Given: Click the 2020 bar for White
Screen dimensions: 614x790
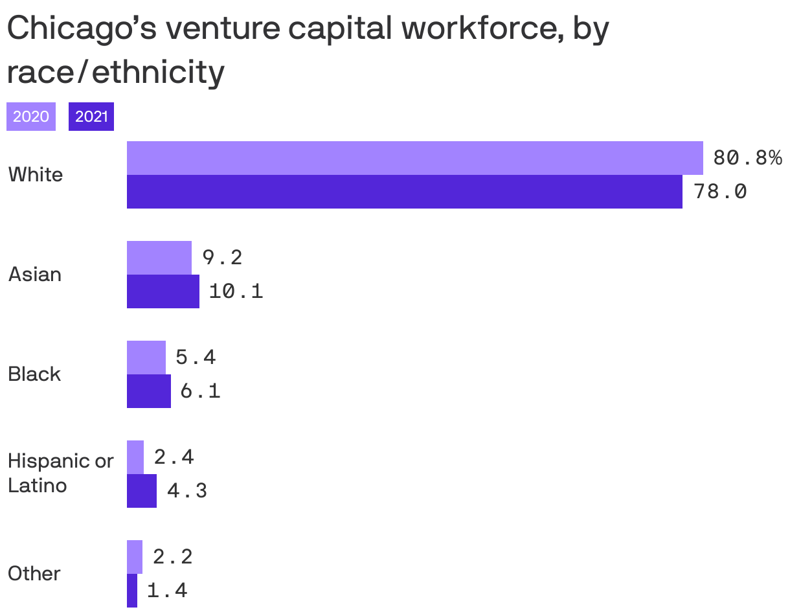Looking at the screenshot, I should (x=414, y=158).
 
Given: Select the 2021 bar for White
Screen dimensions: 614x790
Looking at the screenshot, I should (x=404, y=192).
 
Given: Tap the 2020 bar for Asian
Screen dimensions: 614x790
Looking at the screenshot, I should (x=159, y=258).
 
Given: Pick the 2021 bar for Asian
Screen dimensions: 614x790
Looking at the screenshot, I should (x=163, y=291).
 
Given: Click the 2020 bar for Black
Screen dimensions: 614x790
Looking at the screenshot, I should (x=146, y=358).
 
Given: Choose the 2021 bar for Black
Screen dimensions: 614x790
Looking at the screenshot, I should (x=149, y=391).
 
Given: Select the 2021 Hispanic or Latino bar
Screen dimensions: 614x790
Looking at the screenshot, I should (x=142, y=491).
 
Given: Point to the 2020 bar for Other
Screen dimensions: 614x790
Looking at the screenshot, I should (x=135, y=557).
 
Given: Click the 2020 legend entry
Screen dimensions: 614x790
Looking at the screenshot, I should (x=31, y=117).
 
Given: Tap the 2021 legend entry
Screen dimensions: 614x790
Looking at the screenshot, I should (x=91, y=117).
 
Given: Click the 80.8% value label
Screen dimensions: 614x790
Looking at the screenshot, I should (x=747, y=158).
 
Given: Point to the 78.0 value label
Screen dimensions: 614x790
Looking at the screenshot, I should (x=720, y=192).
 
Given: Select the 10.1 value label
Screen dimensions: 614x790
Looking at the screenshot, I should (x=236, y=291).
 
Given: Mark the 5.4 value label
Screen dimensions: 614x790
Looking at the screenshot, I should (x=196, y=358).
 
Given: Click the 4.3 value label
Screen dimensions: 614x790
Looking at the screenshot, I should (x=187, y=491).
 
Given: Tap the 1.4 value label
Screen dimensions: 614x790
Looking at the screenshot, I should (x=167, y=591).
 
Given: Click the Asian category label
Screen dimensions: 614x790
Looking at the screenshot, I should (x=35, y=275).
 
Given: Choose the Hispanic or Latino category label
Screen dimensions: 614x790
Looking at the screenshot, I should (x=60, y=473).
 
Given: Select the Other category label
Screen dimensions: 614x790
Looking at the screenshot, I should (x=34, y=574).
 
